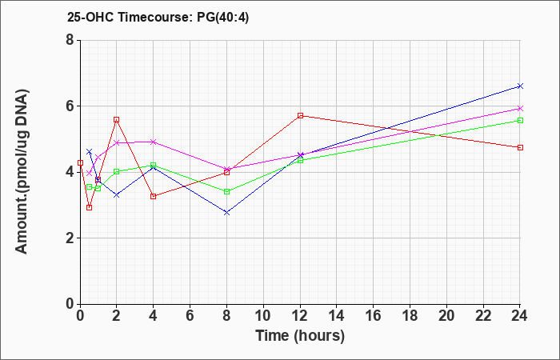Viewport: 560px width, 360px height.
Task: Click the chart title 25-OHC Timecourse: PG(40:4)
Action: click(158, 18)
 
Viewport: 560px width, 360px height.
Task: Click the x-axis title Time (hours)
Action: click(300, 336)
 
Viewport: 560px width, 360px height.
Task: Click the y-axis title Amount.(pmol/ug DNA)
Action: click(22, 172)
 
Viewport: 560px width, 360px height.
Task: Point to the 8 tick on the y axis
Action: click(70, 40)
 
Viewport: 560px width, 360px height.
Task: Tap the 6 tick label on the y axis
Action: click(70, 106)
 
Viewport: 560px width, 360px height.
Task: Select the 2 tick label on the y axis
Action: click(70, 238)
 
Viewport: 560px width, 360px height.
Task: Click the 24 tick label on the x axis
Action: click(519, 316)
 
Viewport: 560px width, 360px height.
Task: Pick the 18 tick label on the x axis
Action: click(410, 316)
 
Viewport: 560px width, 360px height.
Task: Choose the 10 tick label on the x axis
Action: click(263, 316)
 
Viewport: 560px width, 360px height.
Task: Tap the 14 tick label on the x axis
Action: click(337, 316)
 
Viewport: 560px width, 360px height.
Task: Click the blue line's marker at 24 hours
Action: click(520, 86)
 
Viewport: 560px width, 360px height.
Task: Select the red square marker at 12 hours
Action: click(300, 116)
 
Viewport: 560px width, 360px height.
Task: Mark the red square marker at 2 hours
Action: click(117, 120)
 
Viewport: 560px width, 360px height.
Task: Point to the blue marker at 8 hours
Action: click(226, 213)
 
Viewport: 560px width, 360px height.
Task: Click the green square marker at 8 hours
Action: click(226, 192)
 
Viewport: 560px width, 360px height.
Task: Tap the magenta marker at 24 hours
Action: click(520, 108)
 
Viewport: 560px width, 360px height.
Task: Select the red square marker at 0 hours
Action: click(80, 163)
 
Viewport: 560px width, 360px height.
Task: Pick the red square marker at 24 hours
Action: click(520, 147)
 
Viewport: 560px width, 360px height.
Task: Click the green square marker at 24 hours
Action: click(520, 120)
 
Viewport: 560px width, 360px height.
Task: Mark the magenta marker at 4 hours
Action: click(154, 142)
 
